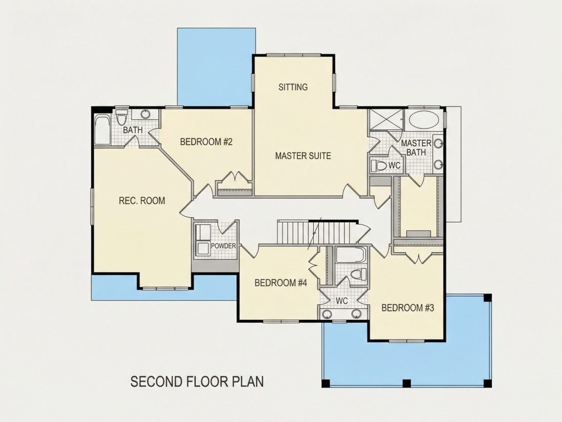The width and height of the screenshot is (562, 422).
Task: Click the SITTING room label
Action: tap(293, 87)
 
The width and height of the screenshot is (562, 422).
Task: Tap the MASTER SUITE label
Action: tap(303, 156)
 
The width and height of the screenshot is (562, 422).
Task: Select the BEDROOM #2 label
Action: tap(206, 142)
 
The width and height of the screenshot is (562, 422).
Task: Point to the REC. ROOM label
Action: tap(142, 200)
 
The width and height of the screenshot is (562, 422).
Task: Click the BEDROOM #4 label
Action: tap(280, 283)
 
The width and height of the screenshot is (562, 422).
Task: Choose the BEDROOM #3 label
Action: tap(408, 307)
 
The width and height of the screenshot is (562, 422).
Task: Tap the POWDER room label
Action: tap(223, 246)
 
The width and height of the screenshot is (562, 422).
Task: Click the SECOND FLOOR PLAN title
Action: tap(197, 382)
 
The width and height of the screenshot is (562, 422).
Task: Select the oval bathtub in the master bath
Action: tap(424, 120)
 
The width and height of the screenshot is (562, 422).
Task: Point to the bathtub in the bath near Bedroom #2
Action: tap(103, 129)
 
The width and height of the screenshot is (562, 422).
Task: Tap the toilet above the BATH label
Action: tap(122, 117)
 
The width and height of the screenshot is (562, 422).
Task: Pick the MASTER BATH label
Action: tap(416, 147)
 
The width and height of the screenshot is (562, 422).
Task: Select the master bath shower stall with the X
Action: tap(386, 120)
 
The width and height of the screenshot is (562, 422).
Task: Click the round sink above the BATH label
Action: tap(145, 114)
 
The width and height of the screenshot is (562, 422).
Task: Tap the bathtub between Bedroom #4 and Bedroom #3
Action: tap(351, 255)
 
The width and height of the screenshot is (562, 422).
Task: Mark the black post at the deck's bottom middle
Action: tap(407, 383)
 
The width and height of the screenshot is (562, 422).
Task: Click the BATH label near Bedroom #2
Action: tap(133, 130)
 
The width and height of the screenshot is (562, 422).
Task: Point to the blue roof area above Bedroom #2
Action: tap(216, 67)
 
